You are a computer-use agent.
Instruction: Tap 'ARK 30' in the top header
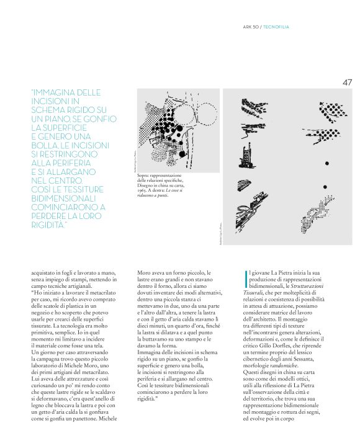click(250, 27)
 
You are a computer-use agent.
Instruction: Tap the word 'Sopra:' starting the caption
click(144, 176)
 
